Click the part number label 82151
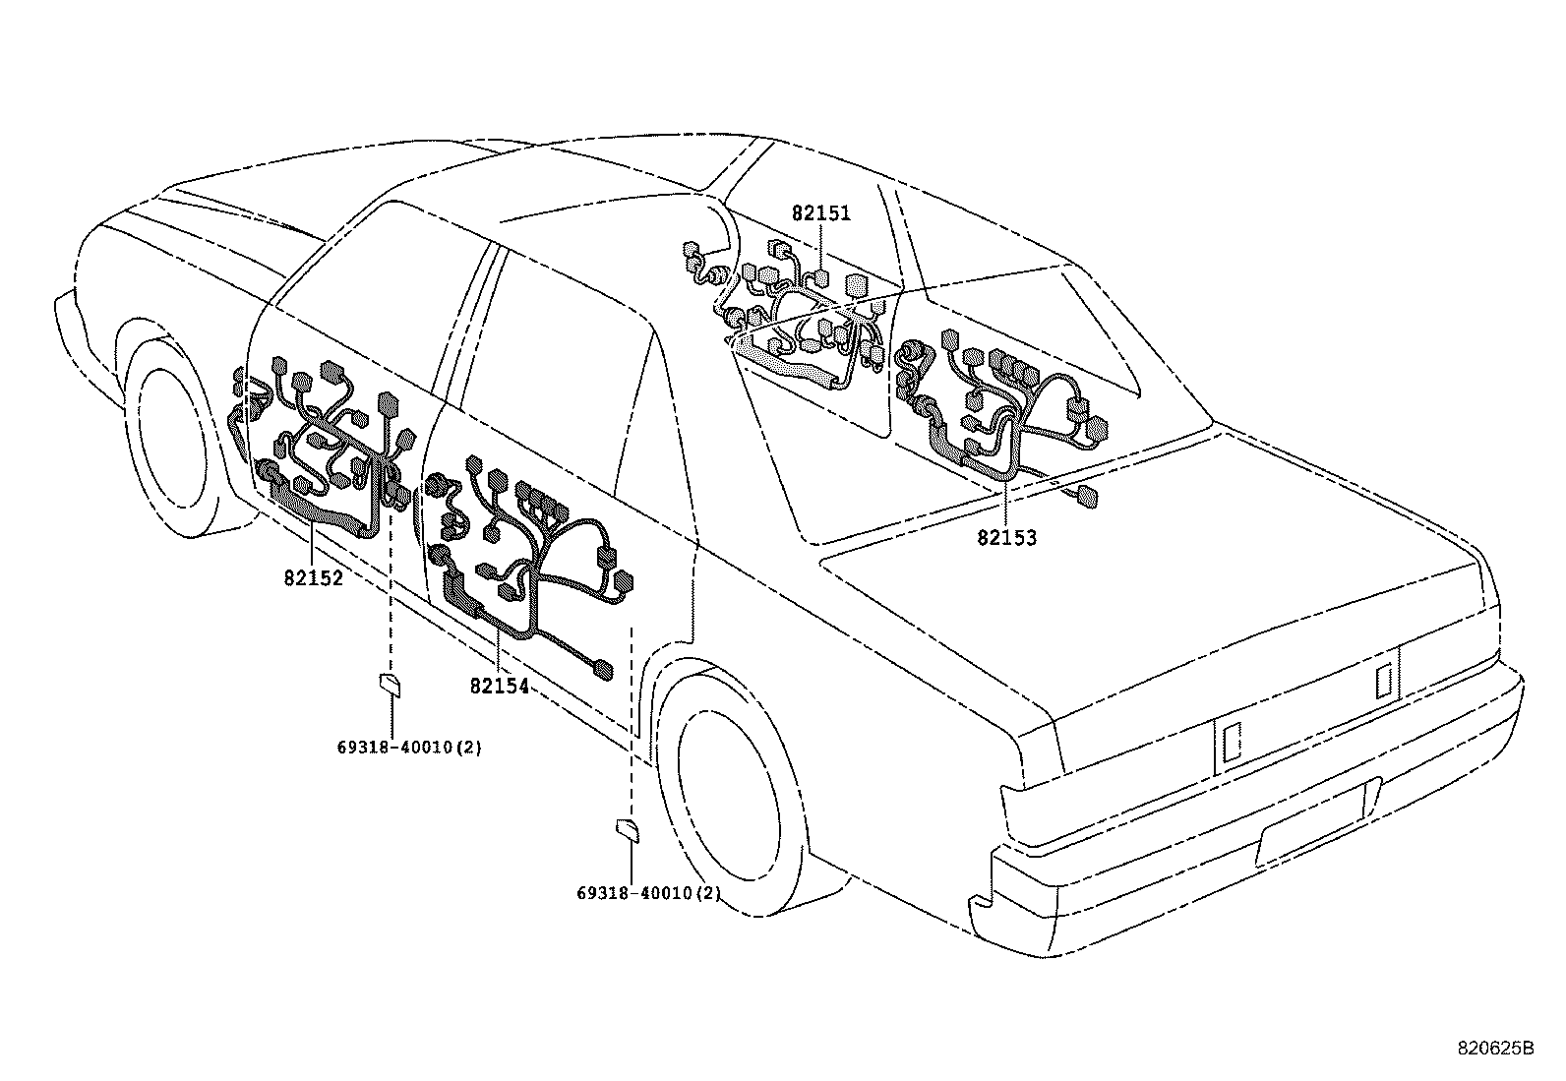pos(820,213)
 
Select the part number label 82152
pos(314,578)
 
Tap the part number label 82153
pos(1006,538)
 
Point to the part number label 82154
pos(499,686)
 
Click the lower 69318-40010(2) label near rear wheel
pos(648,894)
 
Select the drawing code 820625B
pos(1495,1048)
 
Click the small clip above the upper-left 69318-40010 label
pos(390,684)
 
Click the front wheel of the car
pos(177,433)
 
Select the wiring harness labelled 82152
pos(325,443)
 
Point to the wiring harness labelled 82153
pos(1003,413)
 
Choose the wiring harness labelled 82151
pos(797,325)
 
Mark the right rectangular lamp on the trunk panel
pos(1383,680)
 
